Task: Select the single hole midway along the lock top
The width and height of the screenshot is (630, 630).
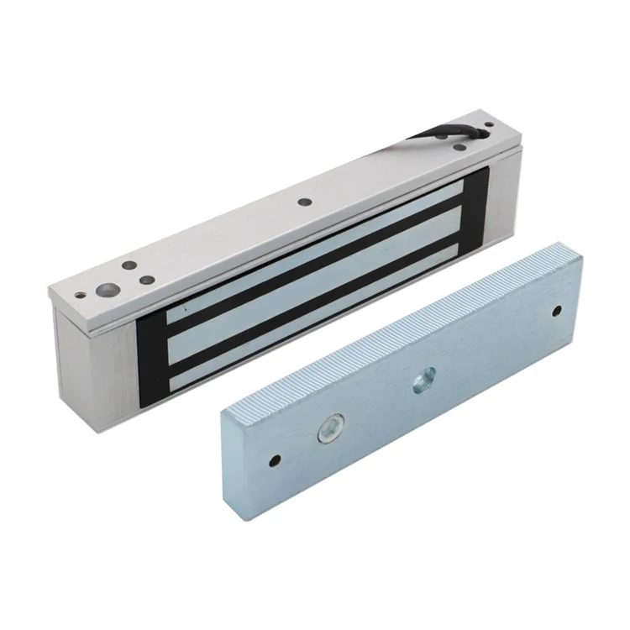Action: coord(304,202)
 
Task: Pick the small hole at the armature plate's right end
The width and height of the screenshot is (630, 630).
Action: coord(556,312)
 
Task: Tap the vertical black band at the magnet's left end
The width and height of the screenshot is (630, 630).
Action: coord(151,353)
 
